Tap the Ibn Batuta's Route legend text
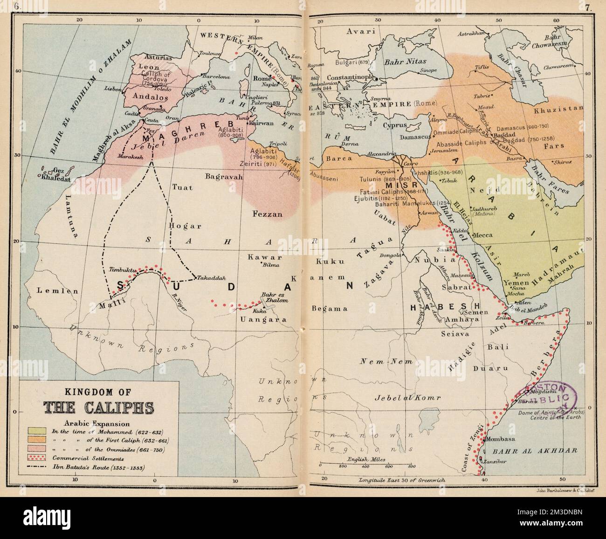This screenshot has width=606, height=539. pyautogui.click(x=98, y=468)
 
